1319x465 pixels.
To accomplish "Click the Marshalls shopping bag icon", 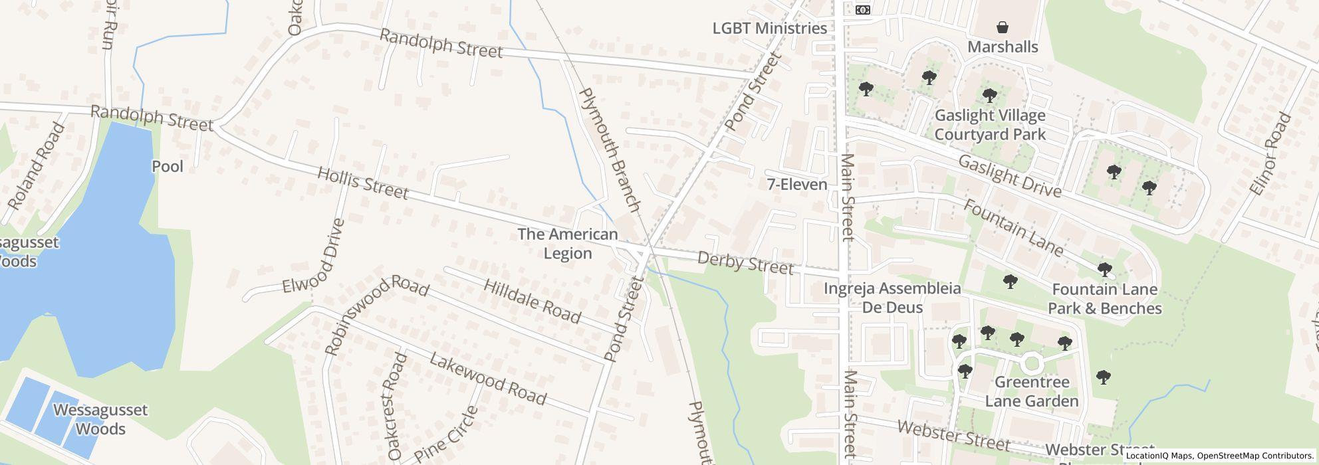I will (x=1002, y=27).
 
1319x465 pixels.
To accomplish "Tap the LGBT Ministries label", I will (x=769, y=29).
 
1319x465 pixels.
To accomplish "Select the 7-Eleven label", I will (x=796, y=185).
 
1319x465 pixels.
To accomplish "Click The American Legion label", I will (x=568, y=244).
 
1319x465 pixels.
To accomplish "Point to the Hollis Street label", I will (x=362, y=183).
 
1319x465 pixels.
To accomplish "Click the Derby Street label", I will (x=745, y=262).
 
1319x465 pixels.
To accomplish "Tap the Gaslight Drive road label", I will (x=1009, y=176).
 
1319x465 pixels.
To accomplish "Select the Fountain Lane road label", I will (x=1013, y=227).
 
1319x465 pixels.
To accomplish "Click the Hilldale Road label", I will (x=532, y=301).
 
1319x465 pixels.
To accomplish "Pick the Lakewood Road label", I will (x=487, y=379).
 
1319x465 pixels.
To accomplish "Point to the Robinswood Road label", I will (x=376, y=314).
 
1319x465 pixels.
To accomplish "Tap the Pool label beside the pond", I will (x=168, y=166).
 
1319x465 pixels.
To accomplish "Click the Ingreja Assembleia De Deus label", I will (x=892, y=298).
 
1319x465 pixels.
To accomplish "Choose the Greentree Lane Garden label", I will (x=1031, y=391).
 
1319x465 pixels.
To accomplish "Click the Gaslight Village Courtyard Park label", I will (x=990, y=125).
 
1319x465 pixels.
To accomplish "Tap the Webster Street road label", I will (x=953, y=435).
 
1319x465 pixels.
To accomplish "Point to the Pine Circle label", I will (x=445, y=434).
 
